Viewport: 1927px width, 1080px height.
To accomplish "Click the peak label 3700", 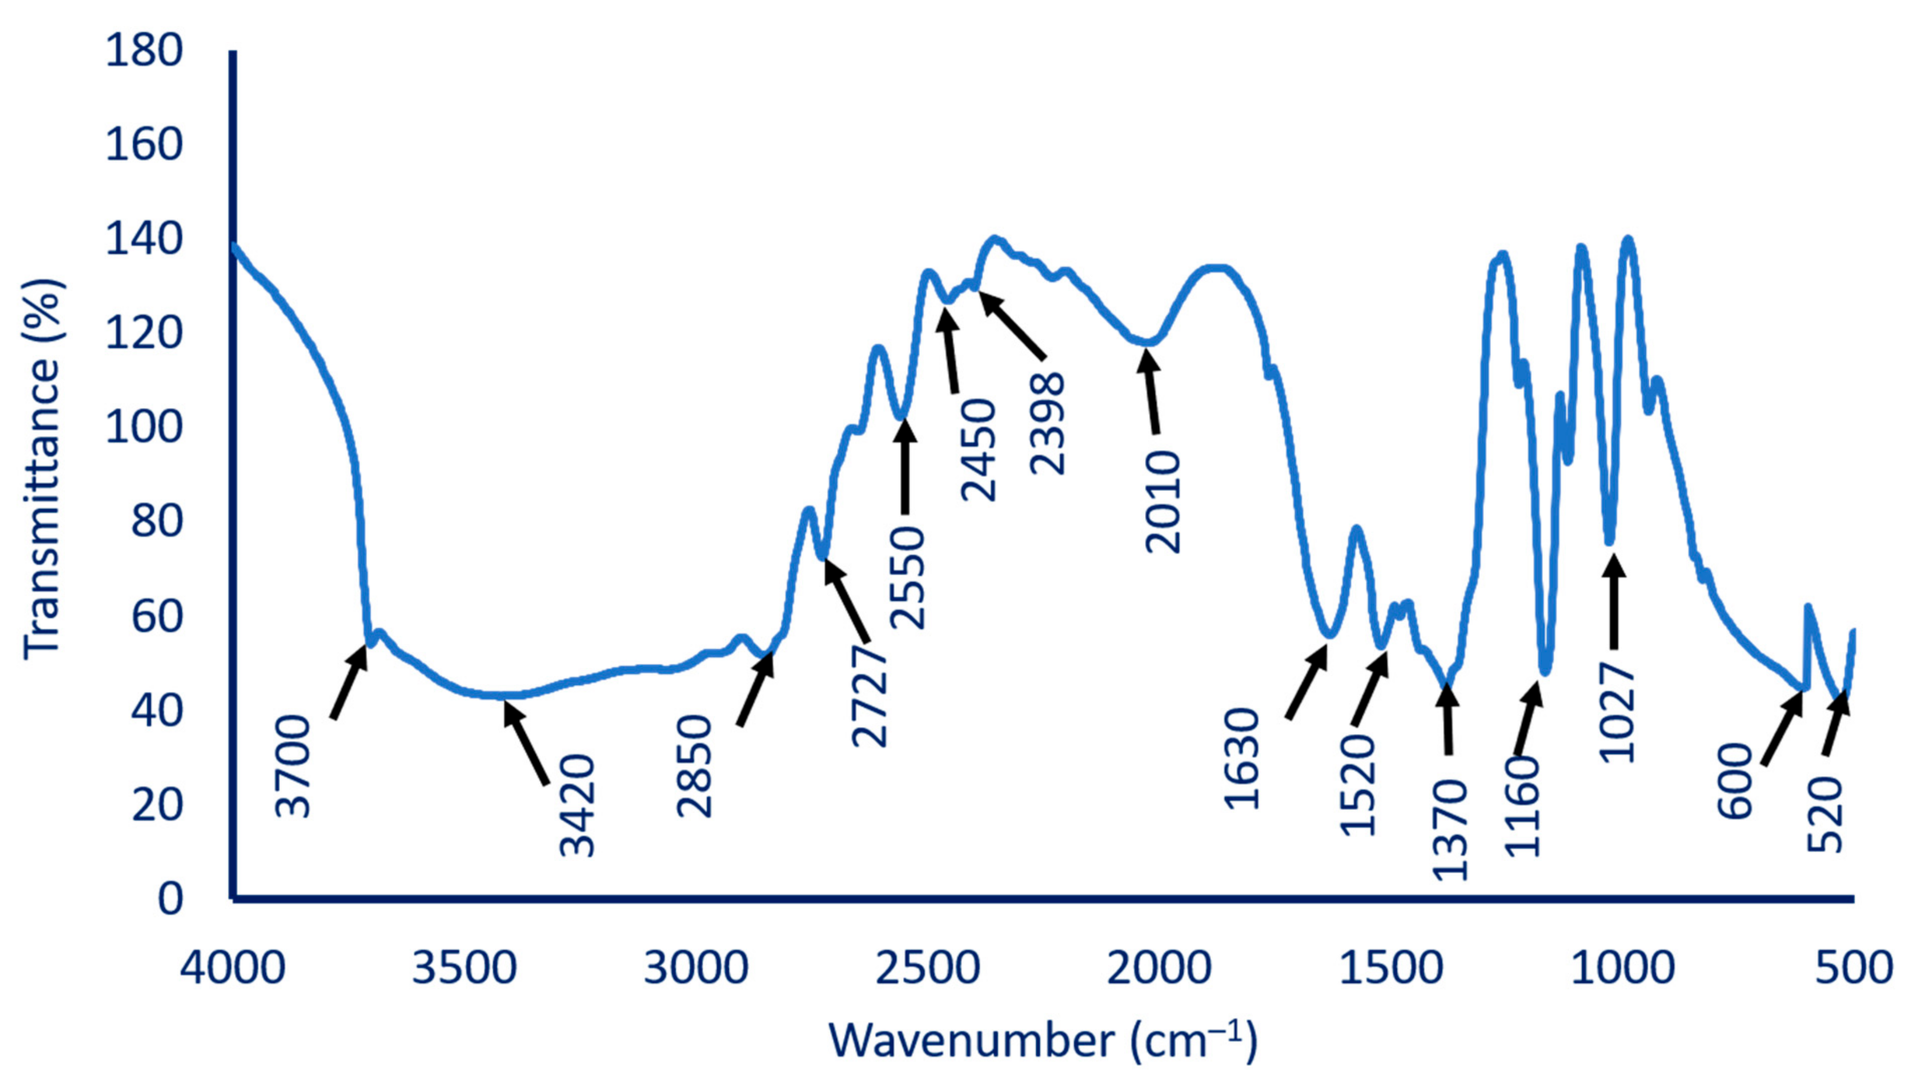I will pyautogui.click(x=293, y=766).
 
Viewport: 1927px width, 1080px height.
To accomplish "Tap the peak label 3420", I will pyautogui.click(x=577, y=806).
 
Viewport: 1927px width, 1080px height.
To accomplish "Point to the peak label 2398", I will pyautogui.click(x=1048, y=423).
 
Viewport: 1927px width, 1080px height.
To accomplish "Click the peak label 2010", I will pyautogui.click(x=1163, y=502).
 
